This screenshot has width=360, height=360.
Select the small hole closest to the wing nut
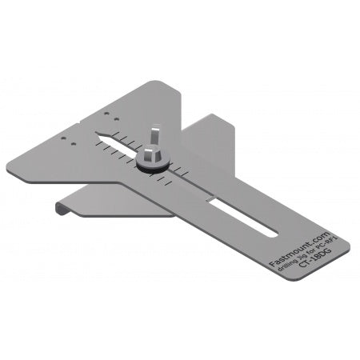click(x=119, y=113)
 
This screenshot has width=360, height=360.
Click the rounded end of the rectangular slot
click(x=273, y=233)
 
